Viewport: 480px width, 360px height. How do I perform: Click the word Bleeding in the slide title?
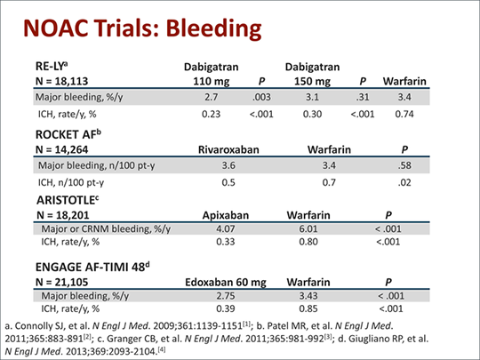click(213, 28)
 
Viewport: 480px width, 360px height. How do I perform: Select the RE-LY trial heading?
click(52, 66)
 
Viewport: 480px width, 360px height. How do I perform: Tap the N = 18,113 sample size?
click(62, 81)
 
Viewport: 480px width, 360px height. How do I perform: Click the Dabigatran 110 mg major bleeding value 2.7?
click(212, 97)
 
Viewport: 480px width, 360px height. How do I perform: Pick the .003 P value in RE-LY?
click(261, 97)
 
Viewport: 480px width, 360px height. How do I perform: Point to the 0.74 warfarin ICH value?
click(404, 114)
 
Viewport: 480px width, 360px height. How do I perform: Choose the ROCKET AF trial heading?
click(68, 134)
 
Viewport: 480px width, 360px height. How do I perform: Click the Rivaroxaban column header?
click(228, 149)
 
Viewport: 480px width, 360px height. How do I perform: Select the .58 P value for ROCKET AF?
click(404, 165)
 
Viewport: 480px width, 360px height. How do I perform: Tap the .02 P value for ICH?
click(404, 183)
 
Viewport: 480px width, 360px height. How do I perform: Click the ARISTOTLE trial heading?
click(68, 200)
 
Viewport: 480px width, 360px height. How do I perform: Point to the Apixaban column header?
click(225, 215)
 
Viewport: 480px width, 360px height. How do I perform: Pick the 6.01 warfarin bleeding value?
click(308, 229)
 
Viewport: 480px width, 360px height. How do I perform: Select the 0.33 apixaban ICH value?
click(225, 242)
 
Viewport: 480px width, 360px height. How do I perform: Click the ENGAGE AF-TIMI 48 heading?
click(92, 267)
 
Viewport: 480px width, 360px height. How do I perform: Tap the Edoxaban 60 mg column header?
click(225, 283)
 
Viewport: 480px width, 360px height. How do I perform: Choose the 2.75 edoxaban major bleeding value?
click(225, 296)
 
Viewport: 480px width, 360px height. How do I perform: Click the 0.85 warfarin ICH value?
click(308, 308)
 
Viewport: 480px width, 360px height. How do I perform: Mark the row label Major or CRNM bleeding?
click(106, 229)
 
